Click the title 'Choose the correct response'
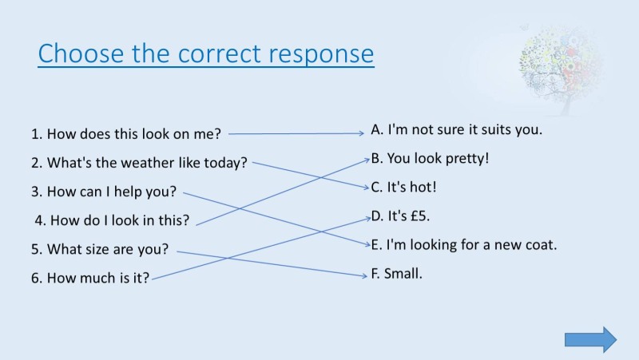(x=206, y=53)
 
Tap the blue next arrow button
(x=590, y=339)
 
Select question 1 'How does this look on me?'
(x=125, y=134)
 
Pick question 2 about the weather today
(x=139, y=163)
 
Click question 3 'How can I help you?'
(x=104, y=192)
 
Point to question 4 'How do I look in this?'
(x=112, y=220)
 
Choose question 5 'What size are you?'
(x=100, y=249)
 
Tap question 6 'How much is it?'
(x=90, y=279)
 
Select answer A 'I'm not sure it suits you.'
(x=456, y=129)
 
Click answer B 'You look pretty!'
(x=430, y=158)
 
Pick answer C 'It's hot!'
(x=403, y=188)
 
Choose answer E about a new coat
(x=463, y=245)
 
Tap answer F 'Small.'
(x=396, y=274)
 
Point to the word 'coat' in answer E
(x=542, y=245)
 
